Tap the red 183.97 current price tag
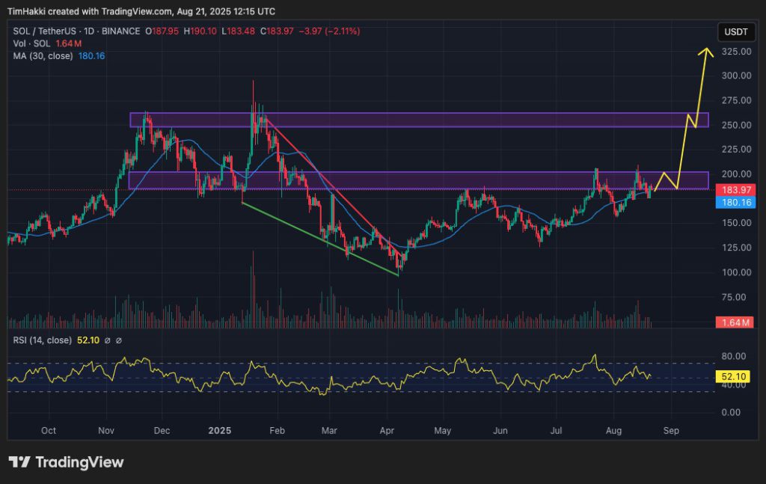[x=734, y=190]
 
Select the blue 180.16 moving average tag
[x=734, y=202]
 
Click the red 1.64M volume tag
[x=734, y=322]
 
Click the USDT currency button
[x=734, y=32]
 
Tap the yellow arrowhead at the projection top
[x=705, y=51]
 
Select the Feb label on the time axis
[x=277, y=431]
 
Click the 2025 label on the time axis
[x=219, y=431]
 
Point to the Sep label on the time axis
[x=671, y=431]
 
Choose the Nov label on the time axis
[x=105, y=431]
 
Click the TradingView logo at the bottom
[x=66, y=462]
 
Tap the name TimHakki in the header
[x=28, y=11]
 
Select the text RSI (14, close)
[x=43, y=340]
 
